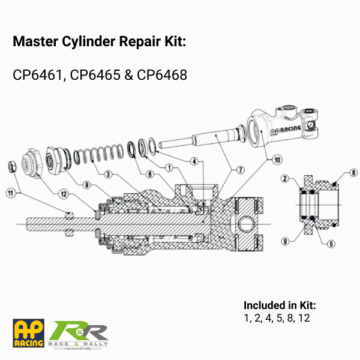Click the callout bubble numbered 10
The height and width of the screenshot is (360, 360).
click(277, 160)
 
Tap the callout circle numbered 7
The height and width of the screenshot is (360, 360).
click(241, 170)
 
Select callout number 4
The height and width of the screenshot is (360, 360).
click(194, 161)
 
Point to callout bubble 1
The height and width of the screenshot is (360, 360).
click(169, 168)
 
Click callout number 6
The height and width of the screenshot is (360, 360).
click(150, 174)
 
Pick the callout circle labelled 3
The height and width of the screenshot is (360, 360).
click(108, 174)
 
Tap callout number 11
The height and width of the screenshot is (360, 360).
click(11, 193)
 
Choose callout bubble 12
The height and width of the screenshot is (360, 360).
click(64, 194)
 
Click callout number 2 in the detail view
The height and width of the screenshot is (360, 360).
click(285, 178)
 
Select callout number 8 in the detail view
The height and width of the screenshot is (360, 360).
click(353, 172)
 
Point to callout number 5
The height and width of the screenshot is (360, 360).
click(331, 244)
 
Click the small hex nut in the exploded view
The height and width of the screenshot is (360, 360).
click(12, 166)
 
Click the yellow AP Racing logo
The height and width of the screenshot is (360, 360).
click(28, 333)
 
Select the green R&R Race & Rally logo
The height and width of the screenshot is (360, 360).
click(78, 335)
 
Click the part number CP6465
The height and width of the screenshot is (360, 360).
click(95, 75)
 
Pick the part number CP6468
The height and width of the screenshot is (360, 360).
click(162, 75)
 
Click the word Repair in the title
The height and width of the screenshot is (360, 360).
click(140, 42)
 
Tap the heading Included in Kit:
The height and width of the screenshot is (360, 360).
click(280, 305)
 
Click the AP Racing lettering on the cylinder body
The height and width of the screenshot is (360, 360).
click(286, 130)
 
